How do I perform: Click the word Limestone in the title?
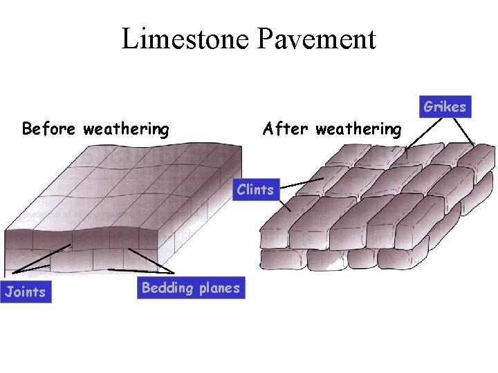click(186, 39)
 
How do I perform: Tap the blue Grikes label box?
click(445, 106)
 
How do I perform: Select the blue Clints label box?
click(255, 189)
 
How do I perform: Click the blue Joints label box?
click(25, 291)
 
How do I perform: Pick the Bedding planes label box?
click(191, 288)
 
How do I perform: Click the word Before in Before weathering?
click(50, 128)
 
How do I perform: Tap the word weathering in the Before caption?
click(126, 129)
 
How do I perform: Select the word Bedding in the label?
click(165, 288)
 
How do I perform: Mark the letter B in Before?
click(27, 128)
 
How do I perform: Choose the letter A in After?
click(268, 128)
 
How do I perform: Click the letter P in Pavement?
click(266, 39)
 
